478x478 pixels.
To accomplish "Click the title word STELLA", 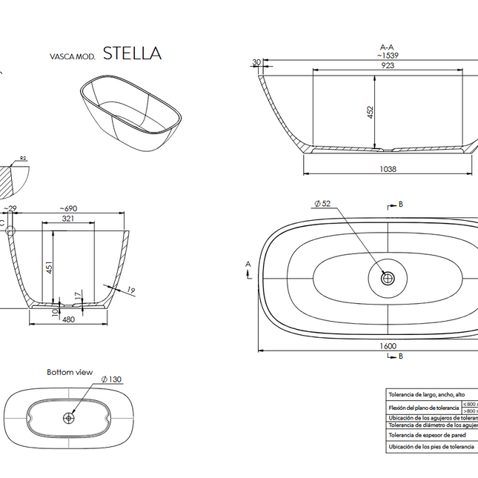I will pos(131,53).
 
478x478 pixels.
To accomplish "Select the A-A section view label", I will pos(387,46).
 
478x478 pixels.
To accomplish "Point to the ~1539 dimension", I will pos(388,56).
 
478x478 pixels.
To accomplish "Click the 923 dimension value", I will pos(388,66).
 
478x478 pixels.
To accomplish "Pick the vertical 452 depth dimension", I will pos(370,112).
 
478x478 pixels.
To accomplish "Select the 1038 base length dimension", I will pos(388,169).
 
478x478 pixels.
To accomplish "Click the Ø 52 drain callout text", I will pos(322,203).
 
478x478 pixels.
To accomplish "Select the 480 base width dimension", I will pos(69,320).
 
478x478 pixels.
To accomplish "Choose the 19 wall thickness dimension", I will pos(130,291).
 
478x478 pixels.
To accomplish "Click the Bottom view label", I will pos(70,372).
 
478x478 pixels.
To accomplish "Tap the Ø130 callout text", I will pos(112,379).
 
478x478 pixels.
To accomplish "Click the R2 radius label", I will pos(23,158).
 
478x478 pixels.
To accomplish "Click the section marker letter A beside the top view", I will pos(248,264).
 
